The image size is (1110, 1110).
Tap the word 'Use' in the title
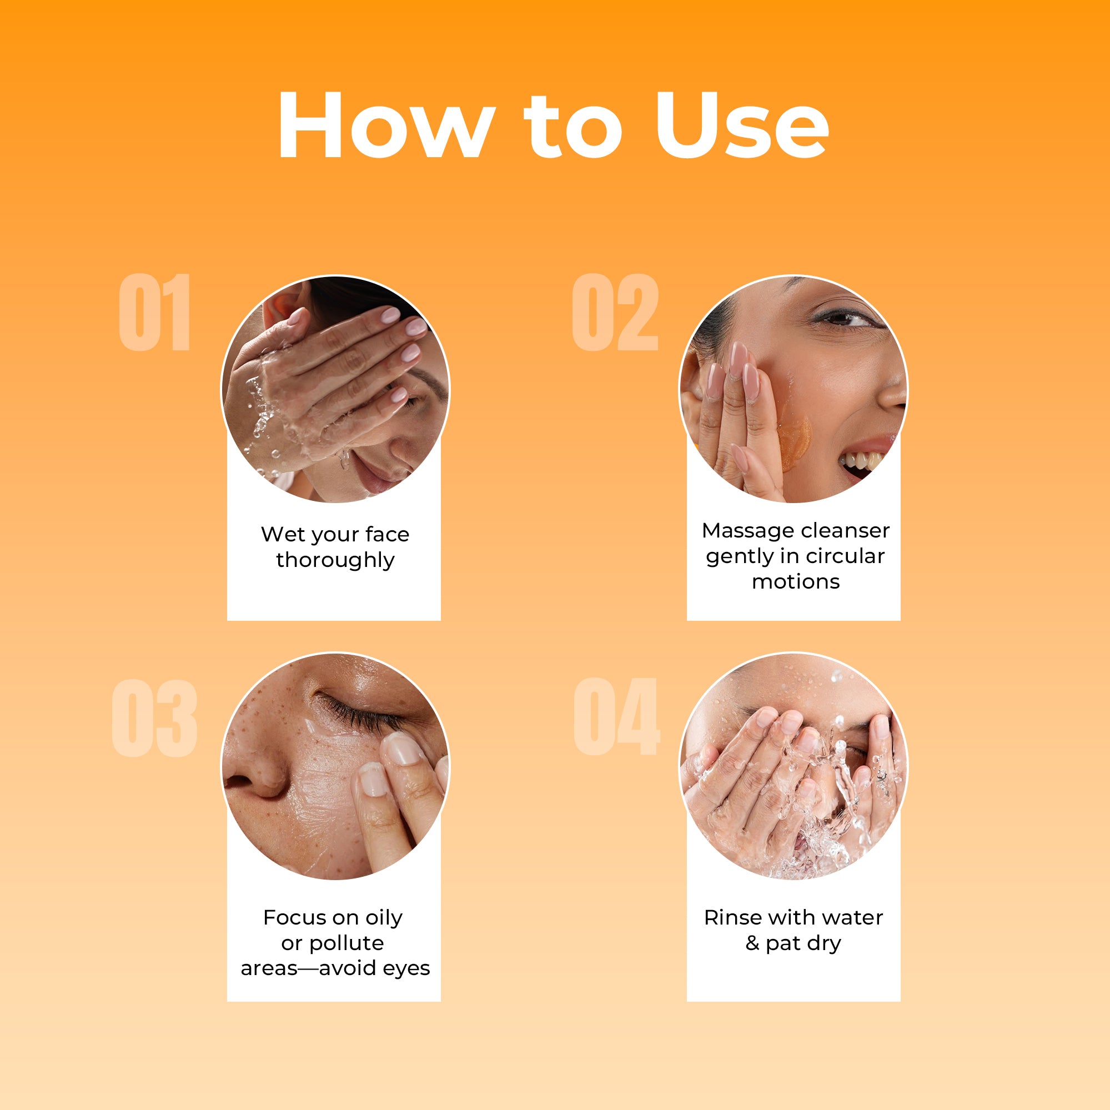point(742,125)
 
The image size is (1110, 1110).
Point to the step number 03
point(154,717)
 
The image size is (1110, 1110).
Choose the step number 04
point(617,716)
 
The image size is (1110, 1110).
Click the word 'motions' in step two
point(796,582)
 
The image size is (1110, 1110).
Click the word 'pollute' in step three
point(346,943)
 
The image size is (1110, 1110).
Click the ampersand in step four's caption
point(752,943)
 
